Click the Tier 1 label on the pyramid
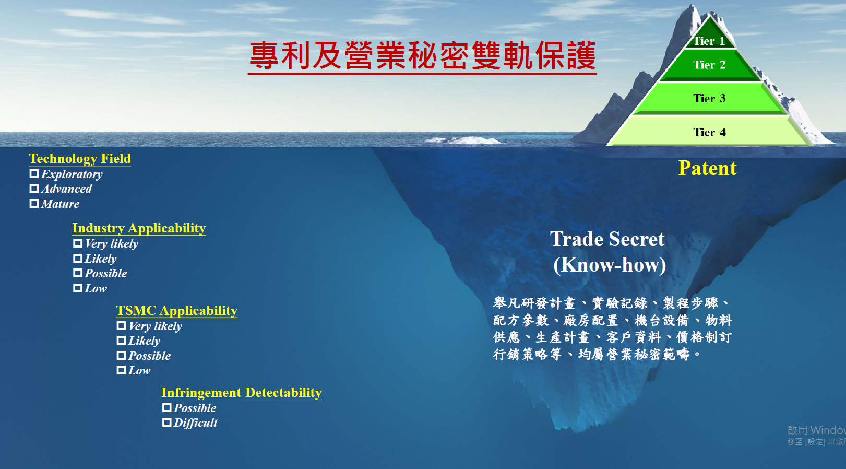tap(709, 41)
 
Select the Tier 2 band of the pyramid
tap(710, 65)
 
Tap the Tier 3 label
tap(709, 98)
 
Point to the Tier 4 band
tap(709, 131)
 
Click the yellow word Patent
tap(707, 168)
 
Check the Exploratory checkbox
tap(34, 174)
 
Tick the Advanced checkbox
tap(34, 189)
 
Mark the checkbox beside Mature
tap(34, 204)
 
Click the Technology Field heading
tap(80, 158)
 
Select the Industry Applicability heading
tap(139, 228)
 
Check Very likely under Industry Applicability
tap(77, 243)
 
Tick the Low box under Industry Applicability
tap(77, 288)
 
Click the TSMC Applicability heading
tap(177, 310)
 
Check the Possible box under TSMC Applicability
tap(121, 356)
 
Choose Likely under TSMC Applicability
tap(121, 341)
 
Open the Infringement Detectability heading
tap(242, 392)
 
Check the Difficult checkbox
tap(166, 423)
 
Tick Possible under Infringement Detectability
tap(166, 408)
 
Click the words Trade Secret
tap(607, 239)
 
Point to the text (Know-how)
tap(610, 265)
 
